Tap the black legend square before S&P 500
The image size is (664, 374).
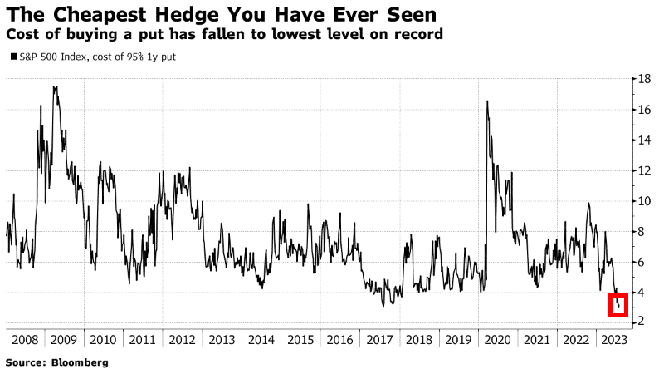click(11, 57)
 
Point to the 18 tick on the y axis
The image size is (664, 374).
click(643, 79)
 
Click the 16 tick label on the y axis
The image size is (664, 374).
click(643, 110)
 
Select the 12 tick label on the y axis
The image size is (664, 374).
click(643, 170)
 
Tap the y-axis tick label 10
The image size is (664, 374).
click(643, 201)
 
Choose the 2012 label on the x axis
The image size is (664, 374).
click(181, 340)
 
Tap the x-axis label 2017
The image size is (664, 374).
click(379, 340)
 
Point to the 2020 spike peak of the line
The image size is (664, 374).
click(486, 101)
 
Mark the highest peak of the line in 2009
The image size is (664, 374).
click(55, 86)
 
